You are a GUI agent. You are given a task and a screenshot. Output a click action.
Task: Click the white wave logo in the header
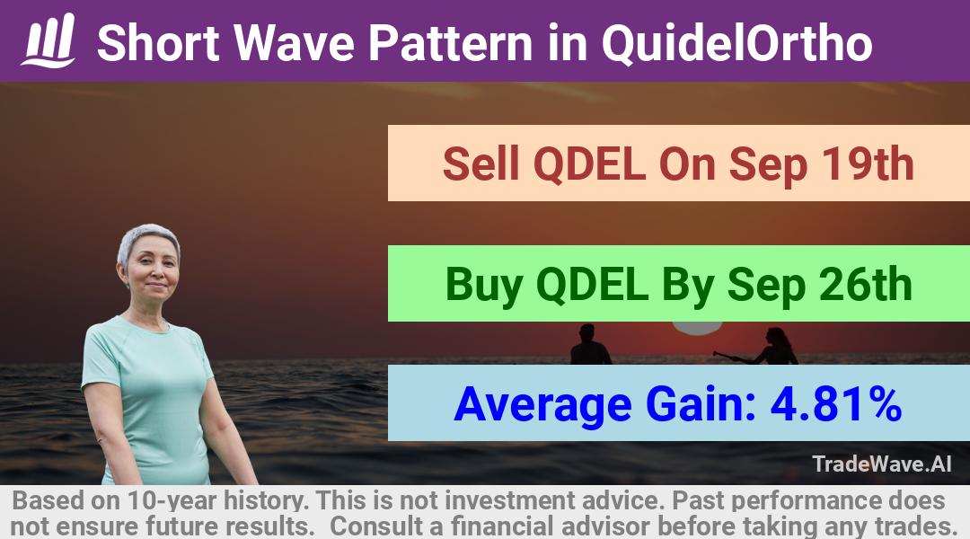[48, 40]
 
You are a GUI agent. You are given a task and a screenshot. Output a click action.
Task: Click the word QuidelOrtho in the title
[736, 44]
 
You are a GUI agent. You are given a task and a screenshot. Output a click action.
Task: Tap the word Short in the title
[158, 43]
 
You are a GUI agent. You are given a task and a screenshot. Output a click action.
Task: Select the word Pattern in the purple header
[450, 43]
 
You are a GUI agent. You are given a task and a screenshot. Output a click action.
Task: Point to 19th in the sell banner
[868, 164]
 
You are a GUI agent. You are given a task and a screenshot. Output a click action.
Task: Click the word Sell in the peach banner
[481, 164]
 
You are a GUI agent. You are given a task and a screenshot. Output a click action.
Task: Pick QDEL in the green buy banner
[592, 286]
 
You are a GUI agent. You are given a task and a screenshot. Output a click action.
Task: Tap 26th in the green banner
[866, 285]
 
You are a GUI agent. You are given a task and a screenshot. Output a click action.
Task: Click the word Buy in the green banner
[484, 287]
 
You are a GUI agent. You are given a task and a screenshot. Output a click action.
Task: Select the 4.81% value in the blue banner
[836, 405]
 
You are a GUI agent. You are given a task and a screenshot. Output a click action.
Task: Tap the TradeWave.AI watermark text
[882, 464]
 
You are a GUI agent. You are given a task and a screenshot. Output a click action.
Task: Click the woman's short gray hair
[148, 240]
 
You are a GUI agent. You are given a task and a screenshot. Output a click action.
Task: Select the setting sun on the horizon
[698, 329]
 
